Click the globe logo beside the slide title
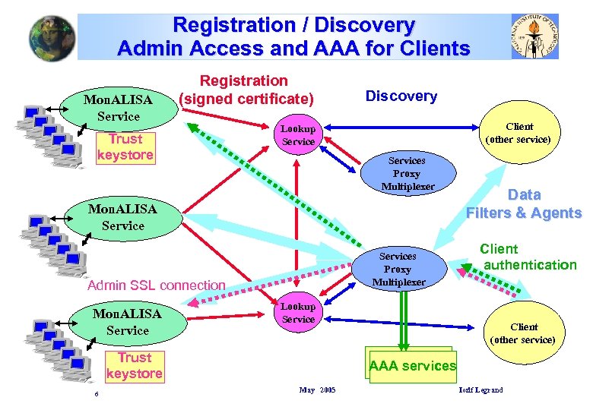(52, 37)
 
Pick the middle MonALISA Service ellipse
(122, 217)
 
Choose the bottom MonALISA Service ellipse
(127, 322)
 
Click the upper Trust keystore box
(125, 147)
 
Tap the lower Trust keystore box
(135, 365)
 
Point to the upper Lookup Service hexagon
(298, 135)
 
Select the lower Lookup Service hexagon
(298, 313)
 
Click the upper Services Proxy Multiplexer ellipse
(407, 174)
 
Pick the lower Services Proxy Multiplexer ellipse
(398, 270)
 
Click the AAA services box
(412, 366)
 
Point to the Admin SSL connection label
(157, 285)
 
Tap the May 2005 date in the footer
(317, 390)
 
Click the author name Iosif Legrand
(480, 390)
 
